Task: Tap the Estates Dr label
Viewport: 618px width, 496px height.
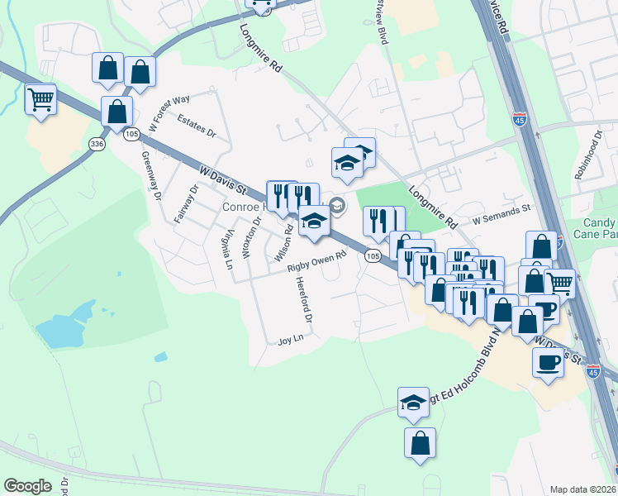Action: [x=197, y=125]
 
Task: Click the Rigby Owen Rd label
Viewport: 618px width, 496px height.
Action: [x=316, y=261]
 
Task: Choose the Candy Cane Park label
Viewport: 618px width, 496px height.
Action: [x=598, y=229]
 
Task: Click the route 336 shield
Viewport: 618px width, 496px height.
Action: [x=98, y=144]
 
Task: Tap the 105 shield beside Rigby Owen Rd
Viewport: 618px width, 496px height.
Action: [x=373, y=257]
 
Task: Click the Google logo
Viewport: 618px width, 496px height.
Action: [x=28, y=485]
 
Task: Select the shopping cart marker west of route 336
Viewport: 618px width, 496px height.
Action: [x=40, y=101]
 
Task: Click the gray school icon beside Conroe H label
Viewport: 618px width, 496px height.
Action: [x=337, y=205]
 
